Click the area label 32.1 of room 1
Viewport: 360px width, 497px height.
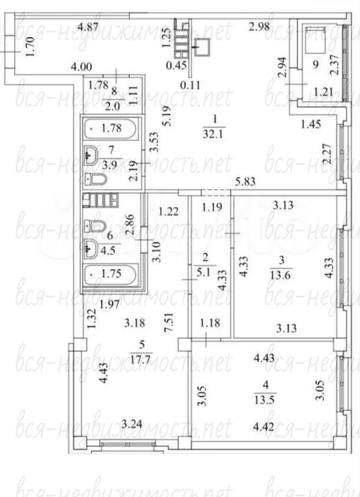pos(215,134)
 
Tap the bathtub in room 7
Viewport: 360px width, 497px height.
pos(111,129)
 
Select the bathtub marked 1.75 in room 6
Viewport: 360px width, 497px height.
pos(111,274)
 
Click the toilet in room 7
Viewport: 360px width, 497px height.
pos(96,180)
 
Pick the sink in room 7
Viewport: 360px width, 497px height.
pos(93,155)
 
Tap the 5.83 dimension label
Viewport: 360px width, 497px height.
pos(246,182)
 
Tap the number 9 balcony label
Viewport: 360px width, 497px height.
pos(316,65)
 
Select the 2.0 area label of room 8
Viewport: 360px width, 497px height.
pos(112,106)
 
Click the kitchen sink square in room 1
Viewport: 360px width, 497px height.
pos(203,47)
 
